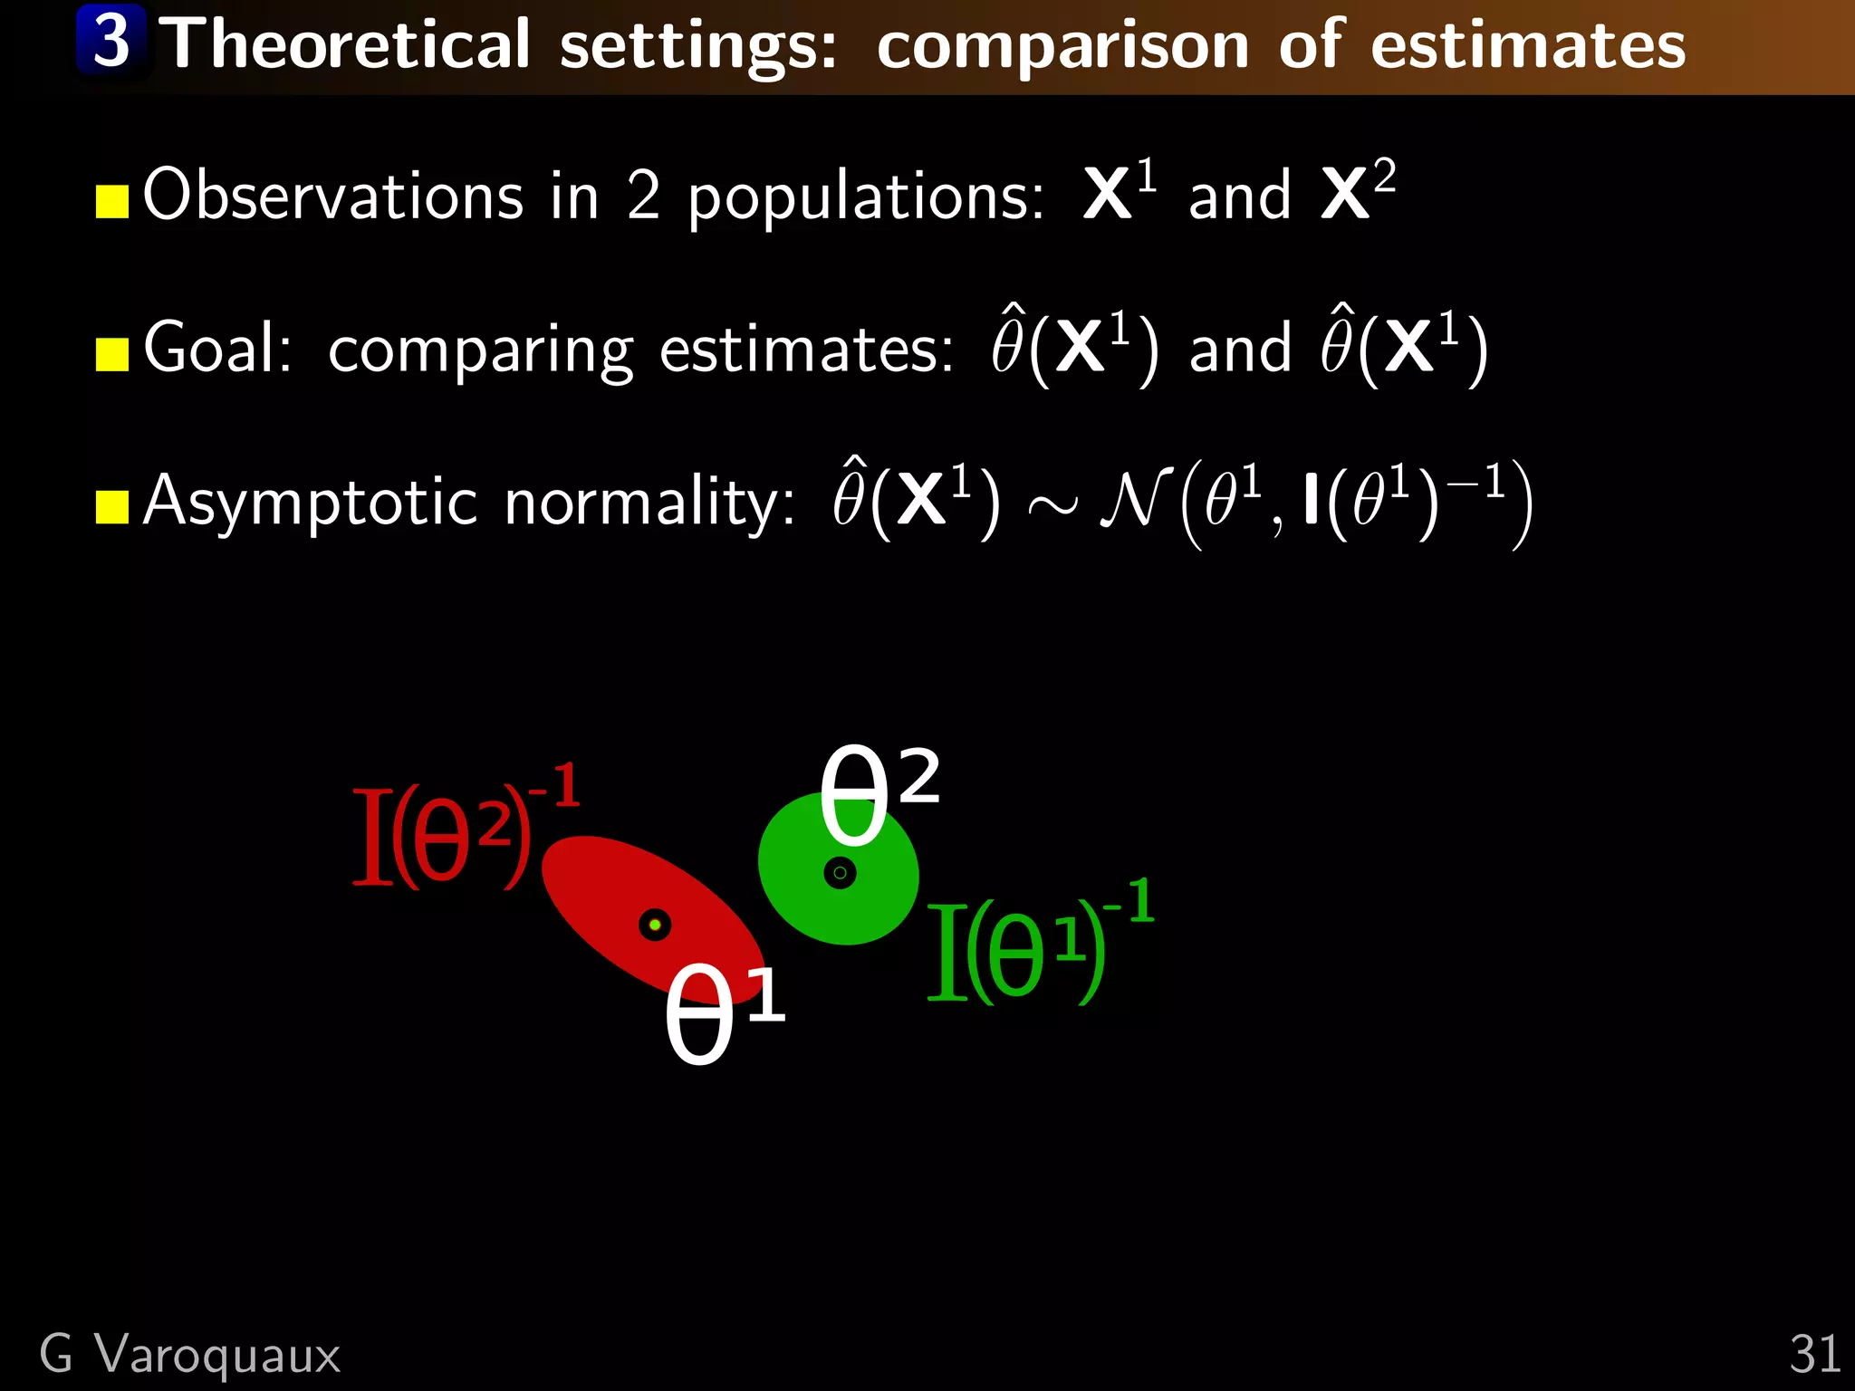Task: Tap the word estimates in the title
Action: pyautogui.click(x=1528, y=45)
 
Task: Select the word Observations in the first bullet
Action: pyautogui.click(x=333, y=195)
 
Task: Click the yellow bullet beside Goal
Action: pyautogui.click(x=112, y=355)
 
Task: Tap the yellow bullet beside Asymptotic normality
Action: pyautogui.click(x=112, y=507)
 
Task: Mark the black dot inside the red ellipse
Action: pyautogui.click(x=655, y=925)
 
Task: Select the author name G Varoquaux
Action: pyautogui.click(x=190, y=1355)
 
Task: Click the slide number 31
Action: pyautogui.click(x=1814, y=1355)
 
